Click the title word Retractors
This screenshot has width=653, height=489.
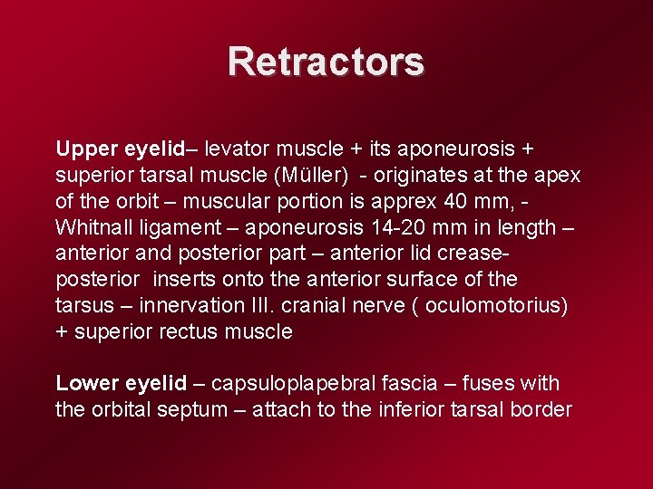click(326, 62)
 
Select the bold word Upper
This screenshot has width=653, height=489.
click(83, 149)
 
